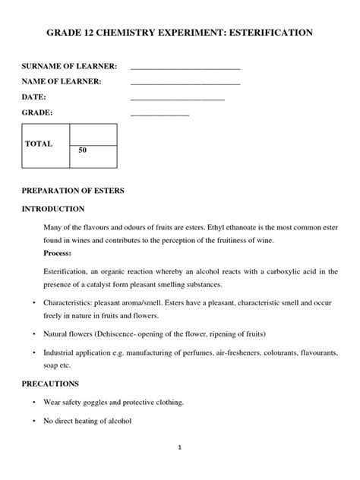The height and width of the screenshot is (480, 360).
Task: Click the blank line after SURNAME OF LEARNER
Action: (185, 69)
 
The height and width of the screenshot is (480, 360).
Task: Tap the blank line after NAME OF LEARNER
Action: (185, 84)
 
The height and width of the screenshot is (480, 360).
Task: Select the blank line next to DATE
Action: (178, 99)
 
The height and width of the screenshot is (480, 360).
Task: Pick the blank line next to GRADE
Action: (159, 115)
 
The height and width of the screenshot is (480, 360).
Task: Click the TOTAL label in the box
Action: (39, 144)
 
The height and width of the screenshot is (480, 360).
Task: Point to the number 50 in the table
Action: (83, 151)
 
